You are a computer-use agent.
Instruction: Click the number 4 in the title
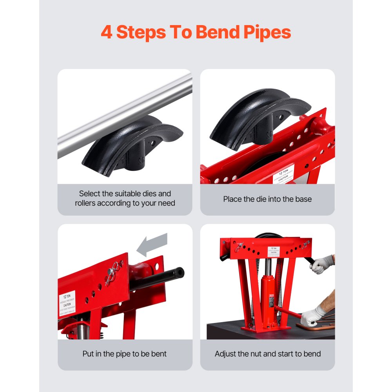coord(106,32)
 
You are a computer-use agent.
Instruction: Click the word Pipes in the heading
coord(264,33)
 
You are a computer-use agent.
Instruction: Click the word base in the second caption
coord(302,199)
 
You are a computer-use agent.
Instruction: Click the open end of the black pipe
coord(180,271)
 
